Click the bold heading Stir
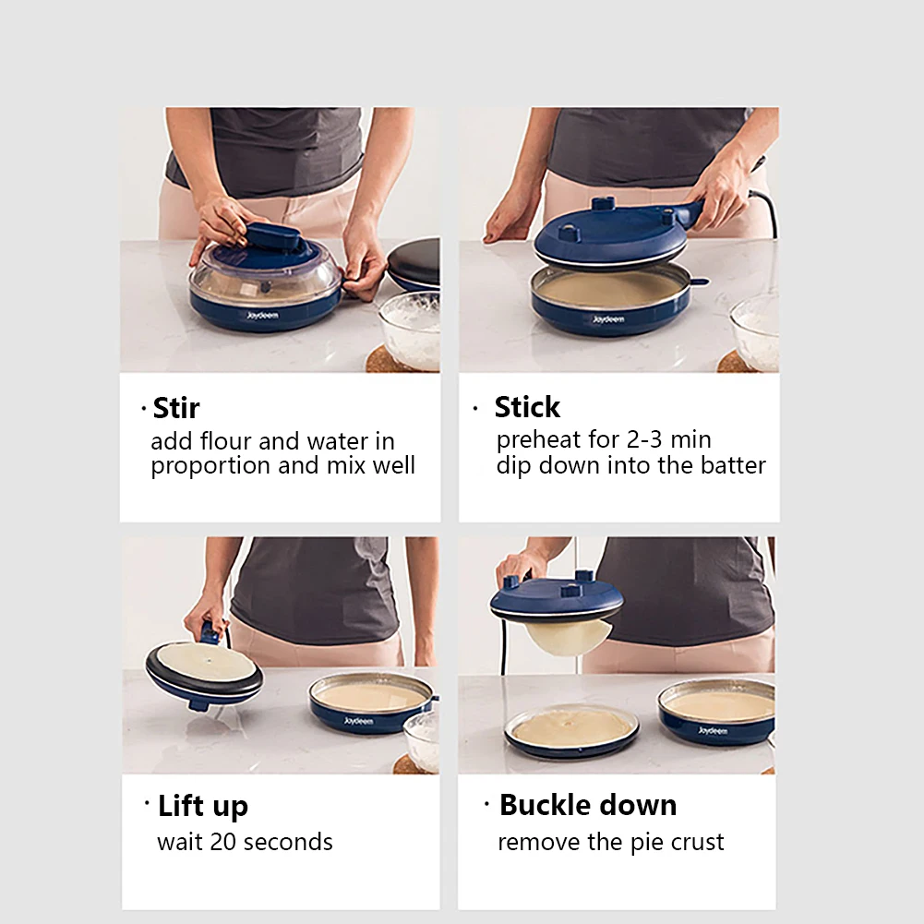coord(175,407)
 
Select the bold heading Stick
coord(526,407)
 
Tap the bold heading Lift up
coord(202,806)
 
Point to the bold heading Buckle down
coord(587,805)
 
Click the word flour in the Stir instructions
coord(226,441)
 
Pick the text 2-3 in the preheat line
coord(640,439)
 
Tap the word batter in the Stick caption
coord(733,465)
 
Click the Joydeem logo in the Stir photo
coord(261,315)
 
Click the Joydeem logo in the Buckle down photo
coord(712,730)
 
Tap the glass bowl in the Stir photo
coord(411,327)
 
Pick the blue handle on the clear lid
coord(270,236)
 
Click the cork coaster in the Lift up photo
coord(403,765)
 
